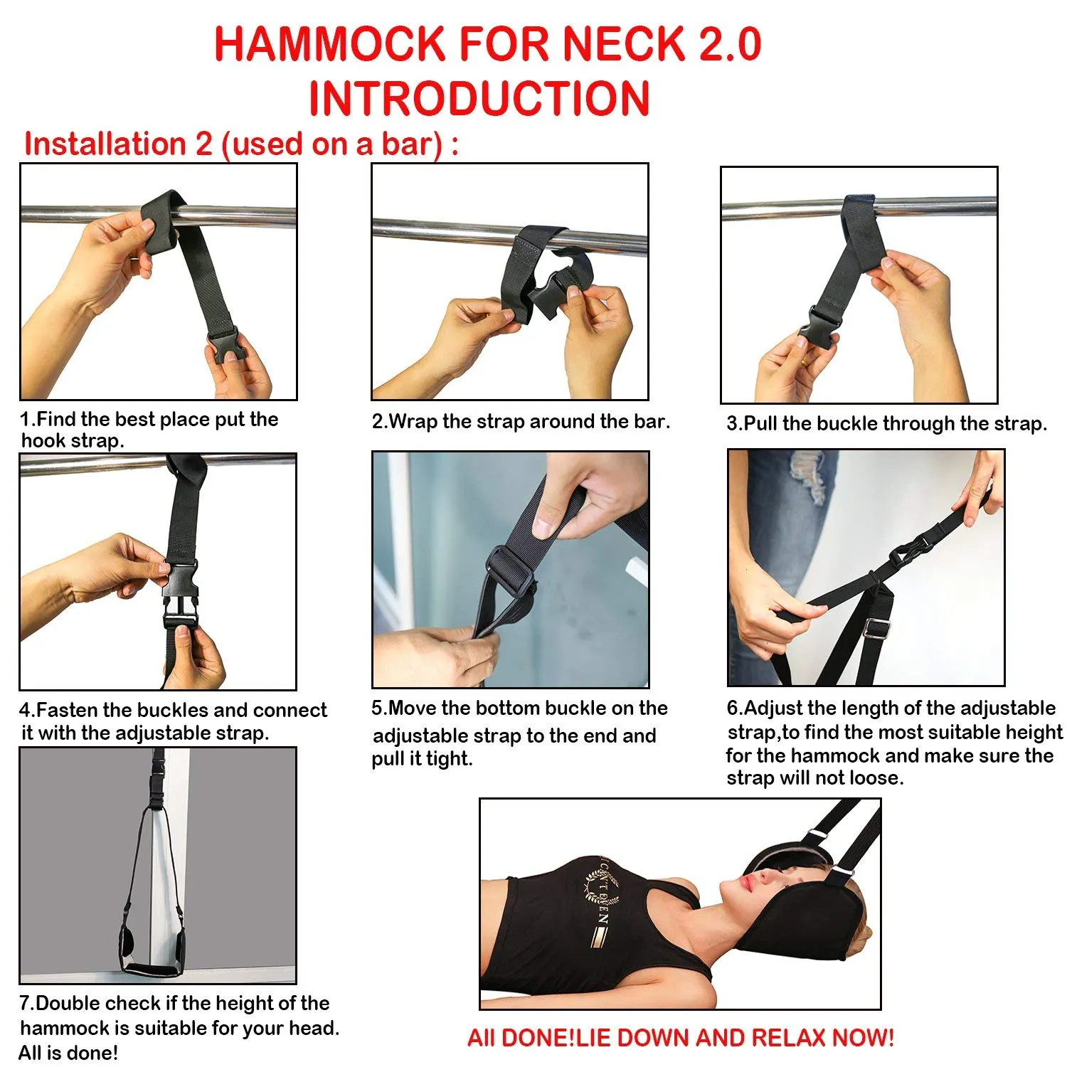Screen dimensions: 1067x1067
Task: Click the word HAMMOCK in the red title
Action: click(x=329, y=44)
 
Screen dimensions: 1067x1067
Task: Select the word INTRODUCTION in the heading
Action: click(x=479, y=98)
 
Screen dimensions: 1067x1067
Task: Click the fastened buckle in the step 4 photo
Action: click(x=179, y=594)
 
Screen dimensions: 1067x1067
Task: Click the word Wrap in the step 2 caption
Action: click(x=413, y=422)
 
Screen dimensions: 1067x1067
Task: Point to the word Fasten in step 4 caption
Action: click(x=68, y=710)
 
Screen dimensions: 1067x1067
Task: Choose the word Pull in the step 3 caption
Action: click(x=760, y=424)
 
